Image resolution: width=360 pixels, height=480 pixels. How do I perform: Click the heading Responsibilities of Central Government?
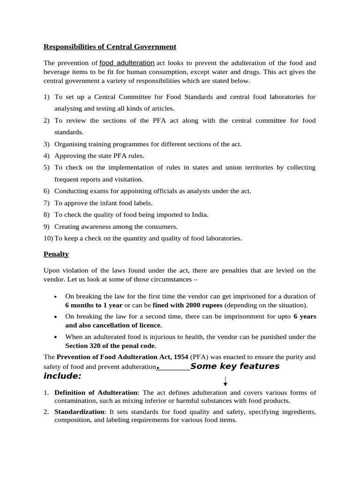click(x=110, y=46)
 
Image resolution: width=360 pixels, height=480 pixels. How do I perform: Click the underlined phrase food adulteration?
click(x=127, y=62)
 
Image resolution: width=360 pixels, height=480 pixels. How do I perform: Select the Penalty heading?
click(x=56, y=254)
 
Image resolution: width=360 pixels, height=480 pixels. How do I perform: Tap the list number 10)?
click(x=48, y=238)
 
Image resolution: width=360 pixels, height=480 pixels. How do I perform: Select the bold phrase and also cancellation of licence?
click(x=113, y=325)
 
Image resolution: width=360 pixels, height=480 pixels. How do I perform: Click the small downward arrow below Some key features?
click(x=225, y=380)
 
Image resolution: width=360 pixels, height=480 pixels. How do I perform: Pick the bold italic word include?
click(x=62, y=376)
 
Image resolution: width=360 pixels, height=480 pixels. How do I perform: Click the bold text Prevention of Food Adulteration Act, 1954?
click(x=122, y=357)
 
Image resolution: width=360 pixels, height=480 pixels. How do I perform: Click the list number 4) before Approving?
click(x=46, y=156)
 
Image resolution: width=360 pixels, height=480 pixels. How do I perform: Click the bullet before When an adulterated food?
click(x=56, y=337)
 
